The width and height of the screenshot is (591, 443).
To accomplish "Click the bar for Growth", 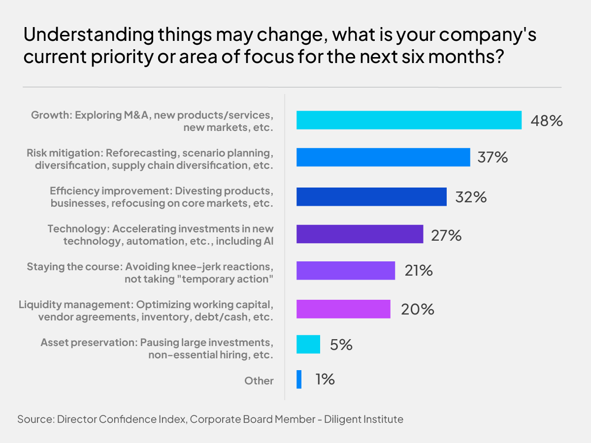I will [409, 120].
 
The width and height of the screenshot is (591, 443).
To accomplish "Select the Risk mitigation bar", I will [383, 158].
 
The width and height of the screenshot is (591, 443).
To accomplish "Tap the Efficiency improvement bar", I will [371, 196].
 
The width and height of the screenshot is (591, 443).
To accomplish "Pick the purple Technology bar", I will [360, 234].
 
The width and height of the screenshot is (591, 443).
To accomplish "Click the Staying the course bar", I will [346, 270].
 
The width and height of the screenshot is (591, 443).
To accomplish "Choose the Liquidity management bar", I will [343, 309].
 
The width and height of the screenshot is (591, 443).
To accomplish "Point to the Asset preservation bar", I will [308, 344].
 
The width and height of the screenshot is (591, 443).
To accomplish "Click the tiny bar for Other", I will [299, 380].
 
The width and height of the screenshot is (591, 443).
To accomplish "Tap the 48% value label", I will [546, 121].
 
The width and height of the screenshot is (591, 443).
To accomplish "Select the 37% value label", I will [492, 158].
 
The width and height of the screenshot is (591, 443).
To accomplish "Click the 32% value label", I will [470, 197].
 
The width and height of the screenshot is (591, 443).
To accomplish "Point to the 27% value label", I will [446, 235].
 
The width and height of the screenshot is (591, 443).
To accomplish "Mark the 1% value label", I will [325, 380].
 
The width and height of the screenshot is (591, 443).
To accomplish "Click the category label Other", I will [259, 380].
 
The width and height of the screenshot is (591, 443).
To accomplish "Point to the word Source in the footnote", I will [35, 419].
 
